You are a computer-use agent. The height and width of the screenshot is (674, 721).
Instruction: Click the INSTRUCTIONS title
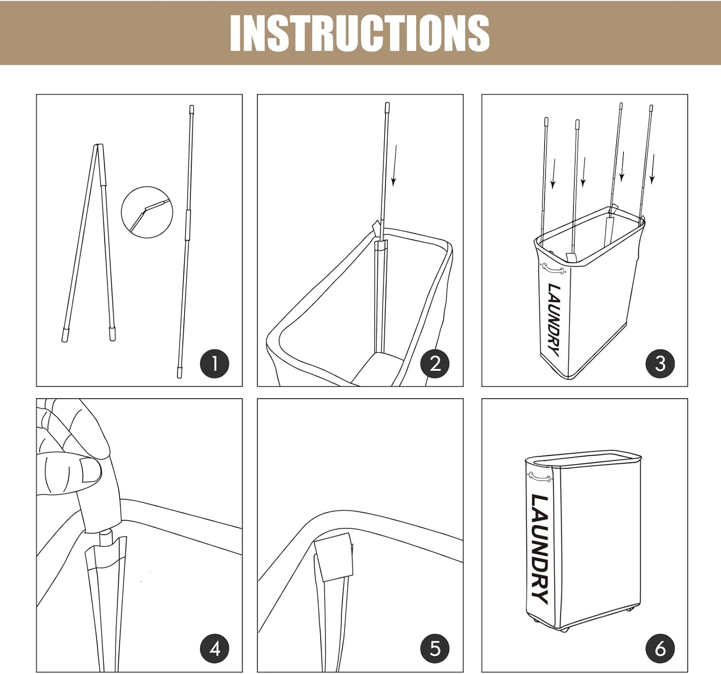pyautogui.click(x=360, y=33)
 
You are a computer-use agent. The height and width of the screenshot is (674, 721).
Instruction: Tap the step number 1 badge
pyautogui.click(x=214, y=364)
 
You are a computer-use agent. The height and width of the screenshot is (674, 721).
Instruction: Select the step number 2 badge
pyautogui.click(x=435, y=364)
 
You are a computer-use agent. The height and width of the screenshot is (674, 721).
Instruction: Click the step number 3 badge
pyautogui.click(x=660, y=364)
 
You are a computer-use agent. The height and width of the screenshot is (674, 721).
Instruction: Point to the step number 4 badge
pyautogui.click(x=214, y=649)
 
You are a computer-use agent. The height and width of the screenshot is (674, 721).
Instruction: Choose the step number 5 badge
pyautogui.click(x=435, y=649)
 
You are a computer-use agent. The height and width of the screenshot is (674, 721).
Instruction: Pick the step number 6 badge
pyautogui.click(x=660, y=649)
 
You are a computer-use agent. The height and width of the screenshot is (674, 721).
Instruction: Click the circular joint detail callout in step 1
pyautogui.click(x=147, y=187)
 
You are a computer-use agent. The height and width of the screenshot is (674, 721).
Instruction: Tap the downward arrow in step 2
pyautogui.click(x=395, y=166)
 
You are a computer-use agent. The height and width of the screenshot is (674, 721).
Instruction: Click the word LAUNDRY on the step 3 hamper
pyautogui.click(x=554, y=320)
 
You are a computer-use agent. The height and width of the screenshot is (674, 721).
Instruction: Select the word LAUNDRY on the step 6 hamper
pyautogui.click(x=539, y=549)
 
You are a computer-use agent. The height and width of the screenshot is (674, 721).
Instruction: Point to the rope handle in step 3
pyautogui.click(x=553, y=269)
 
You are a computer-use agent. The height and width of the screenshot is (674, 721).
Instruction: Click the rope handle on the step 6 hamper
pyautogui.click(x=540, y=477)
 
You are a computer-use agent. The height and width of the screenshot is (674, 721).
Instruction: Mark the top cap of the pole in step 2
pyautogui.click(x=387, y=106)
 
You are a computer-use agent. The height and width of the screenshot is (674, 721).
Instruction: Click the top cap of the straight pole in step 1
pyautogui.click(x=192, y=109)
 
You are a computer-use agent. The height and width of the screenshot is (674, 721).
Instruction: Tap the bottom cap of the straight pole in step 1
pyautogui.click(x=179, y=373)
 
